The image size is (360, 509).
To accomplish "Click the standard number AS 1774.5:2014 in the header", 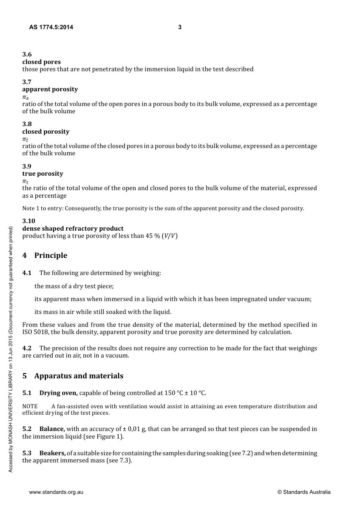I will (x=51, y=27).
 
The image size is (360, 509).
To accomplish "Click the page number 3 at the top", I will (x=180, y=27).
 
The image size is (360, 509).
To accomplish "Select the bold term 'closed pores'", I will (x=41, y=62).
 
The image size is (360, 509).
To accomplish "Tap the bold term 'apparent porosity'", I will (x=50, y=89).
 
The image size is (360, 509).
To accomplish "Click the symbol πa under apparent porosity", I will (x=25, y=97).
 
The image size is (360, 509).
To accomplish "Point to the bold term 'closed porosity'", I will (x=46, y=132).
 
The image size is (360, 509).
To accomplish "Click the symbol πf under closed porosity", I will (x=25, y=140).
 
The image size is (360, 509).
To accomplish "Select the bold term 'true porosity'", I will (x=42, y=174).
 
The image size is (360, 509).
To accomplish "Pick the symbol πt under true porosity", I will (x=25, y=182).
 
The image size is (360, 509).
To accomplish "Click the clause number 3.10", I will (x=28, y=221).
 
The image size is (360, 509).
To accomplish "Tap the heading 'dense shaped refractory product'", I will (x=73, y=228).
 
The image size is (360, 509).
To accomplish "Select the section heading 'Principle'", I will (x=50, y=256).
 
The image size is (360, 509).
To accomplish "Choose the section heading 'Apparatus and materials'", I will (x=78, y=376).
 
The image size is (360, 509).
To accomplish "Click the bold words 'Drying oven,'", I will (x=58, y=393).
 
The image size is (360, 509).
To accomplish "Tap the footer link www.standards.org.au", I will (x=56, y=492).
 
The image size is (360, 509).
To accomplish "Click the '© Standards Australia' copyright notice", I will (x=304, y=492).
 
